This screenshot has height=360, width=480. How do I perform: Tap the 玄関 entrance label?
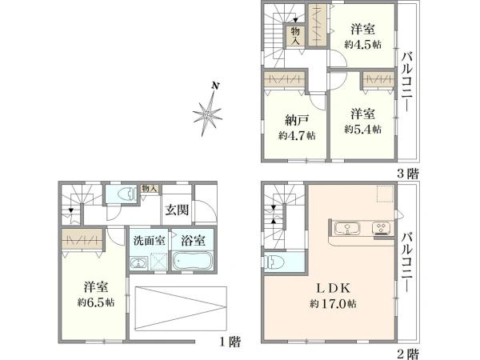point(177,210)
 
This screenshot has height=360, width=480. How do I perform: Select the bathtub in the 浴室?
point(192,260)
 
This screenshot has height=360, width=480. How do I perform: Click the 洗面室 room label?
point(149,240)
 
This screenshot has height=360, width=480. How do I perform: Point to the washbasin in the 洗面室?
point(139,263)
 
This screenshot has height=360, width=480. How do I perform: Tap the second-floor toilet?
point(273,262)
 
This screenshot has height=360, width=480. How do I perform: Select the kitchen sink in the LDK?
point(347,229)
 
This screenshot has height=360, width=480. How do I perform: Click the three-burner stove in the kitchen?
point(381,229)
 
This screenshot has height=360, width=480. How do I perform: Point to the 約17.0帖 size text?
point(333,304)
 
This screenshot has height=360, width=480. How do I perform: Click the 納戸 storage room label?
point(296,120)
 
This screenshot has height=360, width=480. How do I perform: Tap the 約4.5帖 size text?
point(362,45)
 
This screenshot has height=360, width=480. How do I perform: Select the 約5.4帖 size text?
point(362,129)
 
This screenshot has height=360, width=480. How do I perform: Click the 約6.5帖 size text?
point(96,302)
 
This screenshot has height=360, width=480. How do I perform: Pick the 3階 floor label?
point(407,174)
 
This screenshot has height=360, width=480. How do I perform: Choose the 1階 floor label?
point(230,342)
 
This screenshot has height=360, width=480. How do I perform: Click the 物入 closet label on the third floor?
point(295,36)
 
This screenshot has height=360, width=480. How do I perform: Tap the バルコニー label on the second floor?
point(407,262)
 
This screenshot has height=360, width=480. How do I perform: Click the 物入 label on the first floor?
point(150,189)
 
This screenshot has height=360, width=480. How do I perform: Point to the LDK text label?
point(333,288)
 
